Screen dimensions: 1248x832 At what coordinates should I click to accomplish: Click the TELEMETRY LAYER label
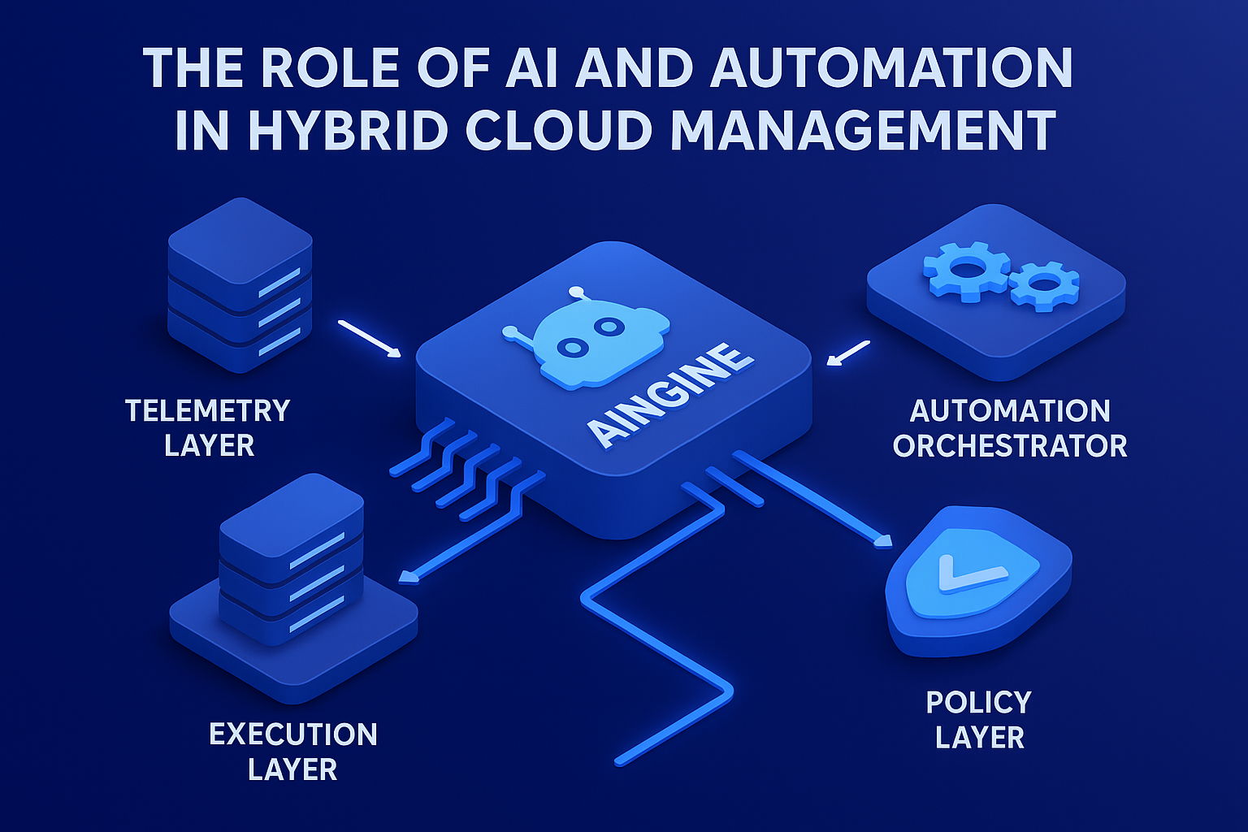[208, 427]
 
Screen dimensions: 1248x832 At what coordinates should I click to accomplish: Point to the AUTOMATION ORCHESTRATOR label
[1010, 428]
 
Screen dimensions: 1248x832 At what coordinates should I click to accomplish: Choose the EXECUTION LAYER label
[293, 752]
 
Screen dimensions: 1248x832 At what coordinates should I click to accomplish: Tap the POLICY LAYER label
[979, 720]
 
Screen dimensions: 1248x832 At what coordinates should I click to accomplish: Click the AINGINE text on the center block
[669, 396]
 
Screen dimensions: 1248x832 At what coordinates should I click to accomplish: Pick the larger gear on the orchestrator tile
[967, 270]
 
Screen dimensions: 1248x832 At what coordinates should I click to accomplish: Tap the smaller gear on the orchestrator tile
[1044, 285]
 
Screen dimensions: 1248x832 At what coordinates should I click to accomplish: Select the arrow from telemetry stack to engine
[370, 339]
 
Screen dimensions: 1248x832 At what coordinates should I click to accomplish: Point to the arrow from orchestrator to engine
[847, 353]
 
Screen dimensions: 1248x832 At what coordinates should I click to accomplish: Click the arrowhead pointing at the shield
[883, 541]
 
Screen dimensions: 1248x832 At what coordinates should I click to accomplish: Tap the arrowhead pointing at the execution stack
[408, 577]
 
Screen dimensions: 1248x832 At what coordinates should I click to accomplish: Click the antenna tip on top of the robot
[576, 291]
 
